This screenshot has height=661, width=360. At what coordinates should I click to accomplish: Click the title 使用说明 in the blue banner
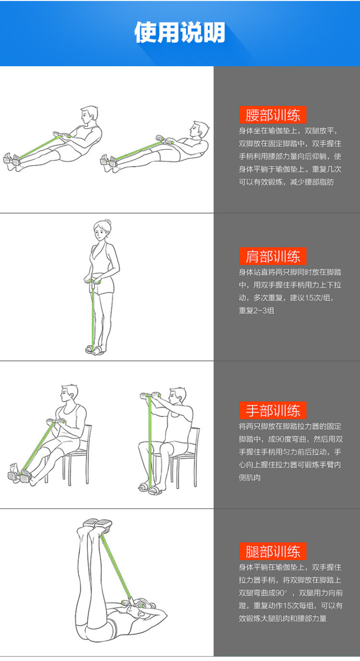(180, 32)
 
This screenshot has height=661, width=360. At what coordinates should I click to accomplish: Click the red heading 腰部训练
(273, 115)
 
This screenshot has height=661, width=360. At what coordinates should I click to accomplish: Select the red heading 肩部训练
(273, 256)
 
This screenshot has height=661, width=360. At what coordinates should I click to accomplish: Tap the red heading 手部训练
(273, 410)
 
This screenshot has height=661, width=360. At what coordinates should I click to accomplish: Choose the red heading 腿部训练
(273, 551)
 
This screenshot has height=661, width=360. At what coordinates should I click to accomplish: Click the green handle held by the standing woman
(93, 281)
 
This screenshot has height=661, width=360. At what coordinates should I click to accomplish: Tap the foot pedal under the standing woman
(94, 350)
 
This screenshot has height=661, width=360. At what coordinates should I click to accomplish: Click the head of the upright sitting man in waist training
(89, 115)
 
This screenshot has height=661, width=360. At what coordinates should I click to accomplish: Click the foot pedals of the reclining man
(109, 161)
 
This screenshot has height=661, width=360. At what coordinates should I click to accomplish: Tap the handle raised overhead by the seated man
(150, 395)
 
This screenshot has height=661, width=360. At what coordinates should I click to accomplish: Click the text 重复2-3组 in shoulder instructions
(256, 310)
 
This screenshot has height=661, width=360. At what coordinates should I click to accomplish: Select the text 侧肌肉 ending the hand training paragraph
(250, 477)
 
